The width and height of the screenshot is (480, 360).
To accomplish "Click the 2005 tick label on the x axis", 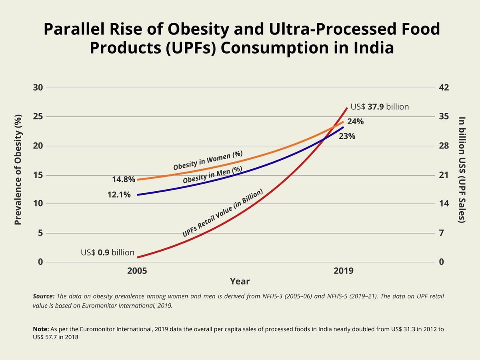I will pos(137,271).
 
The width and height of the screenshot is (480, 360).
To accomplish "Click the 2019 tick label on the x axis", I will pos(344,271).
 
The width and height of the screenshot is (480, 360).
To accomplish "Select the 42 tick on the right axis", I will pos(444,88).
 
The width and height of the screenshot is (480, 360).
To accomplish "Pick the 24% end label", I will pos(356,122).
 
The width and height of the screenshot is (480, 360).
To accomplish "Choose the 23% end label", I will pos(347,136).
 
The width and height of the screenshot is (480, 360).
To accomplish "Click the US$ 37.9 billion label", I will pos(380,107).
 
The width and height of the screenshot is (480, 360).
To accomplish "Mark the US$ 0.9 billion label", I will pos(108,252).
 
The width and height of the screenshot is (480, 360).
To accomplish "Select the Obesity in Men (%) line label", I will pos(212,175).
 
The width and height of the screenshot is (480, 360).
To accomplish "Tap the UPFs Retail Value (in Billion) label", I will pos(222,213).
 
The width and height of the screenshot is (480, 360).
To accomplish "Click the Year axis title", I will pos(240,282).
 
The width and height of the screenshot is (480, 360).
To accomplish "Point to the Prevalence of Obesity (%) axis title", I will pos(18,170).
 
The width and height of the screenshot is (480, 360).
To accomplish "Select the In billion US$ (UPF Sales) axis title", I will pos(462,170).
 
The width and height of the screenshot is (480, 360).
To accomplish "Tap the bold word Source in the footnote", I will pos(44,296).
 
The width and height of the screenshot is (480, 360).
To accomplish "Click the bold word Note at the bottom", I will pos(41,329).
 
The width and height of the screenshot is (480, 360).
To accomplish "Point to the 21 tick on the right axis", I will pos(444,175).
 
